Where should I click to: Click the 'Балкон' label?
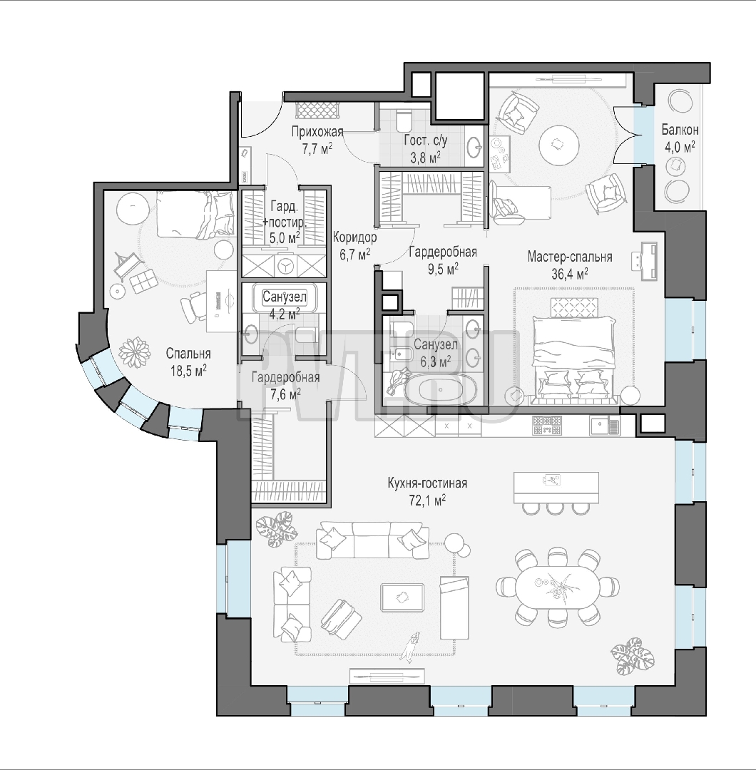click(x=680, y=130)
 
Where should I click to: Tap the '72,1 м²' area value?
click(x=427, y=500)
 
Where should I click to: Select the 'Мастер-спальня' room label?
click(x=570, y=257)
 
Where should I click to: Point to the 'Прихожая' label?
click(x=317, y=132)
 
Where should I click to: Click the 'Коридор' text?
click(x=354, y=237)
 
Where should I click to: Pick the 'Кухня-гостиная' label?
click(x=427, y=483)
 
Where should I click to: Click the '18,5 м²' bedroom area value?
click(x=188, y=370)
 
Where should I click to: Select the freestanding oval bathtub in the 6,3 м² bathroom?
click(x=439, y=390)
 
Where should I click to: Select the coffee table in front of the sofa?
click(x=402, y=597)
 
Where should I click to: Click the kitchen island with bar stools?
click(x=556, y=491)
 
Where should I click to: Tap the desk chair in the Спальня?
click(x=193, y=307)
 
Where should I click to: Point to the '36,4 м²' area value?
click(x=570, y=274)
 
